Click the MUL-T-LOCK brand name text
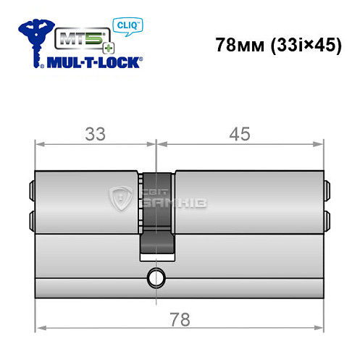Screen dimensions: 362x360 [x=94, y=62]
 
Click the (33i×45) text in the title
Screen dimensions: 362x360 [x=304, y=44]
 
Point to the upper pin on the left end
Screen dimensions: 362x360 [x=32, y=191]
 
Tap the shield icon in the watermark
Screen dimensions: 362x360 [x=120, y=197]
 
